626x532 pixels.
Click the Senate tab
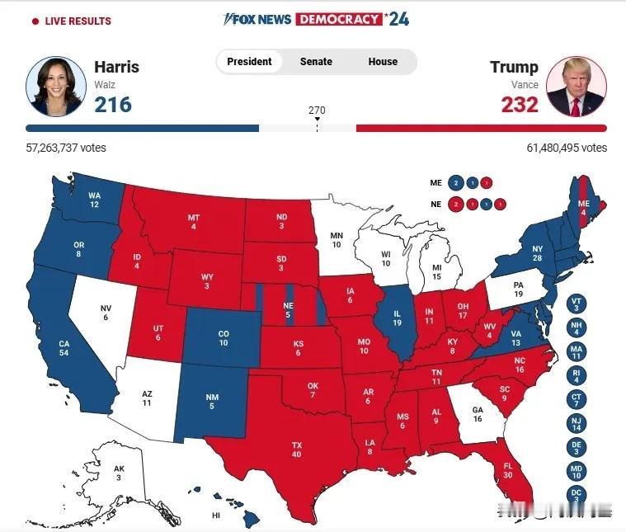pos(316,62)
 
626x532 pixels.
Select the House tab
pos(383,62)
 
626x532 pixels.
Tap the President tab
pos(249,62)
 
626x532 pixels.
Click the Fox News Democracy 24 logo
pos(316,19)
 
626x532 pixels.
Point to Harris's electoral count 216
pos(112,104)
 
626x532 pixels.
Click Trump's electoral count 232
pos(520,104)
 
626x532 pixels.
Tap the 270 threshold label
pos(317,110)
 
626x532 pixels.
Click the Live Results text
pos(76,21)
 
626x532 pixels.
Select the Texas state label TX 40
pos(297,450)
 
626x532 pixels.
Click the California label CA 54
pos(64,347)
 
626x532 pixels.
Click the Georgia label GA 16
pos(477,414)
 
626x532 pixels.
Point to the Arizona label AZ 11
pos(147,398)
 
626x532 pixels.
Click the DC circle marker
pos(577,494)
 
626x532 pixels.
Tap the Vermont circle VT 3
pos(577,304)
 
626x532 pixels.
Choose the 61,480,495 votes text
pos(567,148)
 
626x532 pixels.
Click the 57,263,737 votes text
pos(66,148)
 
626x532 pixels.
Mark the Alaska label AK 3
pos(119,473)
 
